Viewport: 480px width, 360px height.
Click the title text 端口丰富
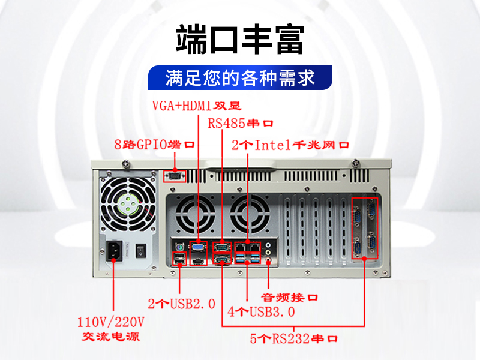coord(240,40)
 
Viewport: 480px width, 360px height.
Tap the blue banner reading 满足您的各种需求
coord(241,78)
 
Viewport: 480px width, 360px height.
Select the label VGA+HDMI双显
coord(197,106)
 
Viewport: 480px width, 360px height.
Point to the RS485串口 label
coord(241,124)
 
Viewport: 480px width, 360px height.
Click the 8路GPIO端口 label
coord(154,145)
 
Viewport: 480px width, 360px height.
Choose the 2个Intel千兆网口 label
coord(290,145)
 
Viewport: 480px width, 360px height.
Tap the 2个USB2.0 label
coord(182,304)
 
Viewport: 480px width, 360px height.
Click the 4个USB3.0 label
coord(261,311)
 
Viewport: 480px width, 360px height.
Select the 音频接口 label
coord(289,297)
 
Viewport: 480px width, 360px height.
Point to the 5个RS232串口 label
coord(293,338)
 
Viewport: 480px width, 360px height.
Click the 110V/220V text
coord(110,322)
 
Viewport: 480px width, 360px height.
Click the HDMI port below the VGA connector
coord(199,262)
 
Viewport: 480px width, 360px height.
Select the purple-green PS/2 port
coord(179,247)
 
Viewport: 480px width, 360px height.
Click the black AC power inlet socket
coord(114,251)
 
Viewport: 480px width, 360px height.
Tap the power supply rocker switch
coord(141,250)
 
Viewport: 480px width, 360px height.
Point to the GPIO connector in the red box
coord(175,176)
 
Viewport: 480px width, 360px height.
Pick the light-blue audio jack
coord(268,245)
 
